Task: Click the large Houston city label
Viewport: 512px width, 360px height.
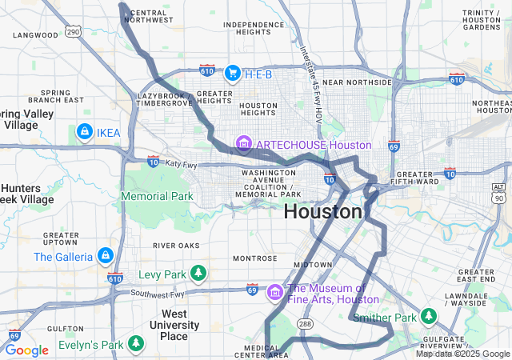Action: click(323, 212)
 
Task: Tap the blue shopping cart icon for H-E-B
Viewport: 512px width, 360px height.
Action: click(233, 74)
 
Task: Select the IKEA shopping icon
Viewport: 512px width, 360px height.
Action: click(84, 130)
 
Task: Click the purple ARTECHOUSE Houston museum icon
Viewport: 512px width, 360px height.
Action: click(243, 145)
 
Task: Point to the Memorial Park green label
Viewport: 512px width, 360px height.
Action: click(157, 196)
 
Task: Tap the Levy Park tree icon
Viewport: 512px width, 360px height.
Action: click(198, 274)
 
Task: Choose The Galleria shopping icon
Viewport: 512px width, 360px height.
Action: click(104, 256)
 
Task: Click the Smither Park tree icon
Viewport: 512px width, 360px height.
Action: click(430, 318)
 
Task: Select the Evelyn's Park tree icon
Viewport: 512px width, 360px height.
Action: click(137, 345)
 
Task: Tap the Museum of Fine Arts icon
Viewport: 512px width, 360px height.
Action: click(275, 293)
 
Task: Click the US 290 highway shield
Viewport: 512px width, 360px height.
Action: click(74, 32)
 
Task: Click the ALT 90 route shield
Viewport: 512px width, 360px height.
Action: click(499, 192)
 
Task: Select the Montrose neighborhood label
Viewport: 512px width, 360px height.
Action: click(254, 258)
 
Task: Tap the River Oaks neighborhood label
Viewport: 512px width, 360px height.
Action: click(176, 245)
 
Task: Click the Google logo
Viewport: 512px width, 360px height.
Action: click(26, 350)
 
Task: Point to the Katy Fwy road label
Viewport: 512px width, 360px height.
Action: click(181, 163)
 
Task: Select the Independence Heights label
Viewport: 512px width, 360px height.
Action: click(254, 30)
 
